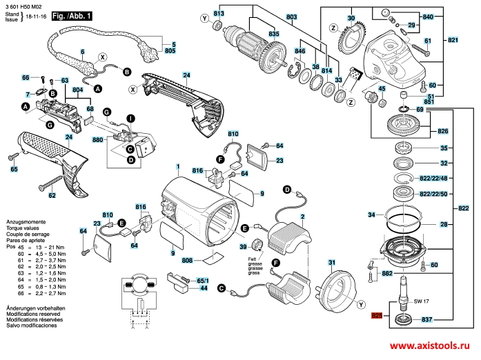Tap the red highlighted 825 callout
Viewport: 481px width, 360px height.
pyautogui.click(x=376, y=317)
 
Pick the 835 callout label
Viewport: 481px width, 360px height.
pyautogui.click(x=255, y=34)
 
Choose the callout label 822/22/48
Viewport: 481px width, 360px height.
pyautogui.click(x=434, y=177)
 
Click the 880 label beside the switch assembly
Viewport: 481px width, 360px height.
pyautogui.click(x=97, y=140)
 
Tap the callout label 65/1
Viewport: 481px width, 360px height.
pyautogui.click(x=202, y=281)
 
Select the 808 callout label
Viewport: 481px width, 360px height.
pyautogui.click(x=187, y=259)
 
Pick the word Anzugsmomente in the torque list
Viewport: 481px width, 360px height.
pyautogui.click(x=25, y=215)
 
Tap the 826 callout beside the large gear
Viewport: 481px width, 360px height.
pyautogui.click(x=442, y=130)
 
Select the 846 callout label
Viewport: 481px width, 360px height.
pyautogui.click(x=300, y=52)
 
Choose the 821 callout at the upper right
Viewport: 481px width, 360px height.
pyautogui.click(x=453, y=41)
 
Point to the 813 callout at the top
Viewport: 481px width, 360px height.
pyautogui.click(x=219, y=14)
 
